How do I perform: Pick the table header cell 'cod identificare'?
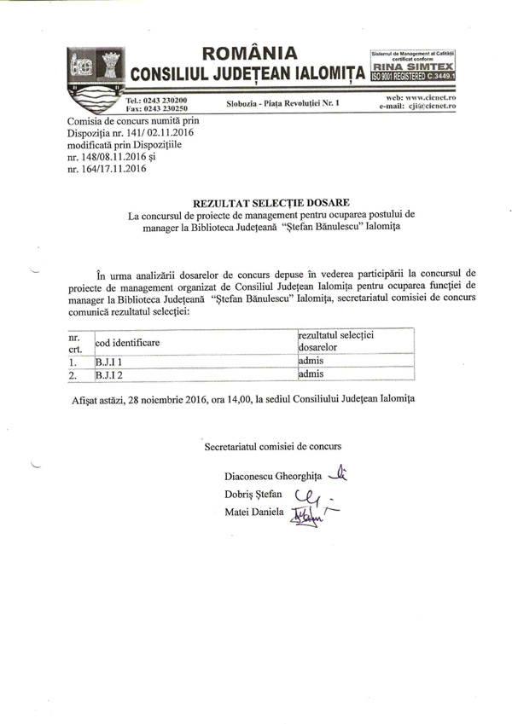(x=128, y=343)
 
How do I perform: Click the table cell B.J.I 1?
(x=109, y=362)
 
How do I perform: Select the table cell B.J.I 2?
(x=109, y=374)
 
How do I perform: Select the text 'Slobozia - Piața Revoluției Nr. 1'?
(x=282, y=103)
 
